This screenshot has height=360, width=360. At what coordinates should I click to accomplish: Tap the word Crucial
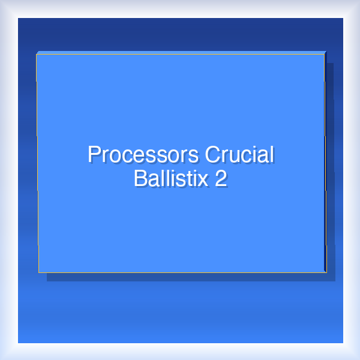[x=239, y=155]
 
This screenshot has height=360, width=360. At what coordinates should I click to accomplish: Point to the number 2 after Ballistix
[x=221, y=178]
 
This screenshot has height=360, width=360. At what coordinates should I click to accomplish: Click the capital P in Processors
[x=94, y=155]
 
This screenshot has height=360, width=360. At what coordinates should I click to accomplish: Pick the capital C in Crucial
[x=212, y=155]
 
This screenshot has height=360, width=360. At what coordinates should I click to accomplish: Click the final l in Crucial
[x=271, y=155]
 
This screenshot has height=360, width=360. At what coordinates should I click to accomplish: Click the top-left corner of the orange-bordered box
[x=37, y=55]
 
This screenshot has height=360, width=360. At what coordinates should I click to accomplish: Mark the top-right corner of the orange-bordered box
[x=325, y=55]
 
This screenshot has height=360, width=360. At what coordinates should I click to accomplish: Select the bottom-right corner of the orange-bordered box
[x=326, y=272]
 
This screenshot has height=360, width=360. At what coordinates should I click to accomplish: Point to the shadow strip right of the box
[x=330, y=168]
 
